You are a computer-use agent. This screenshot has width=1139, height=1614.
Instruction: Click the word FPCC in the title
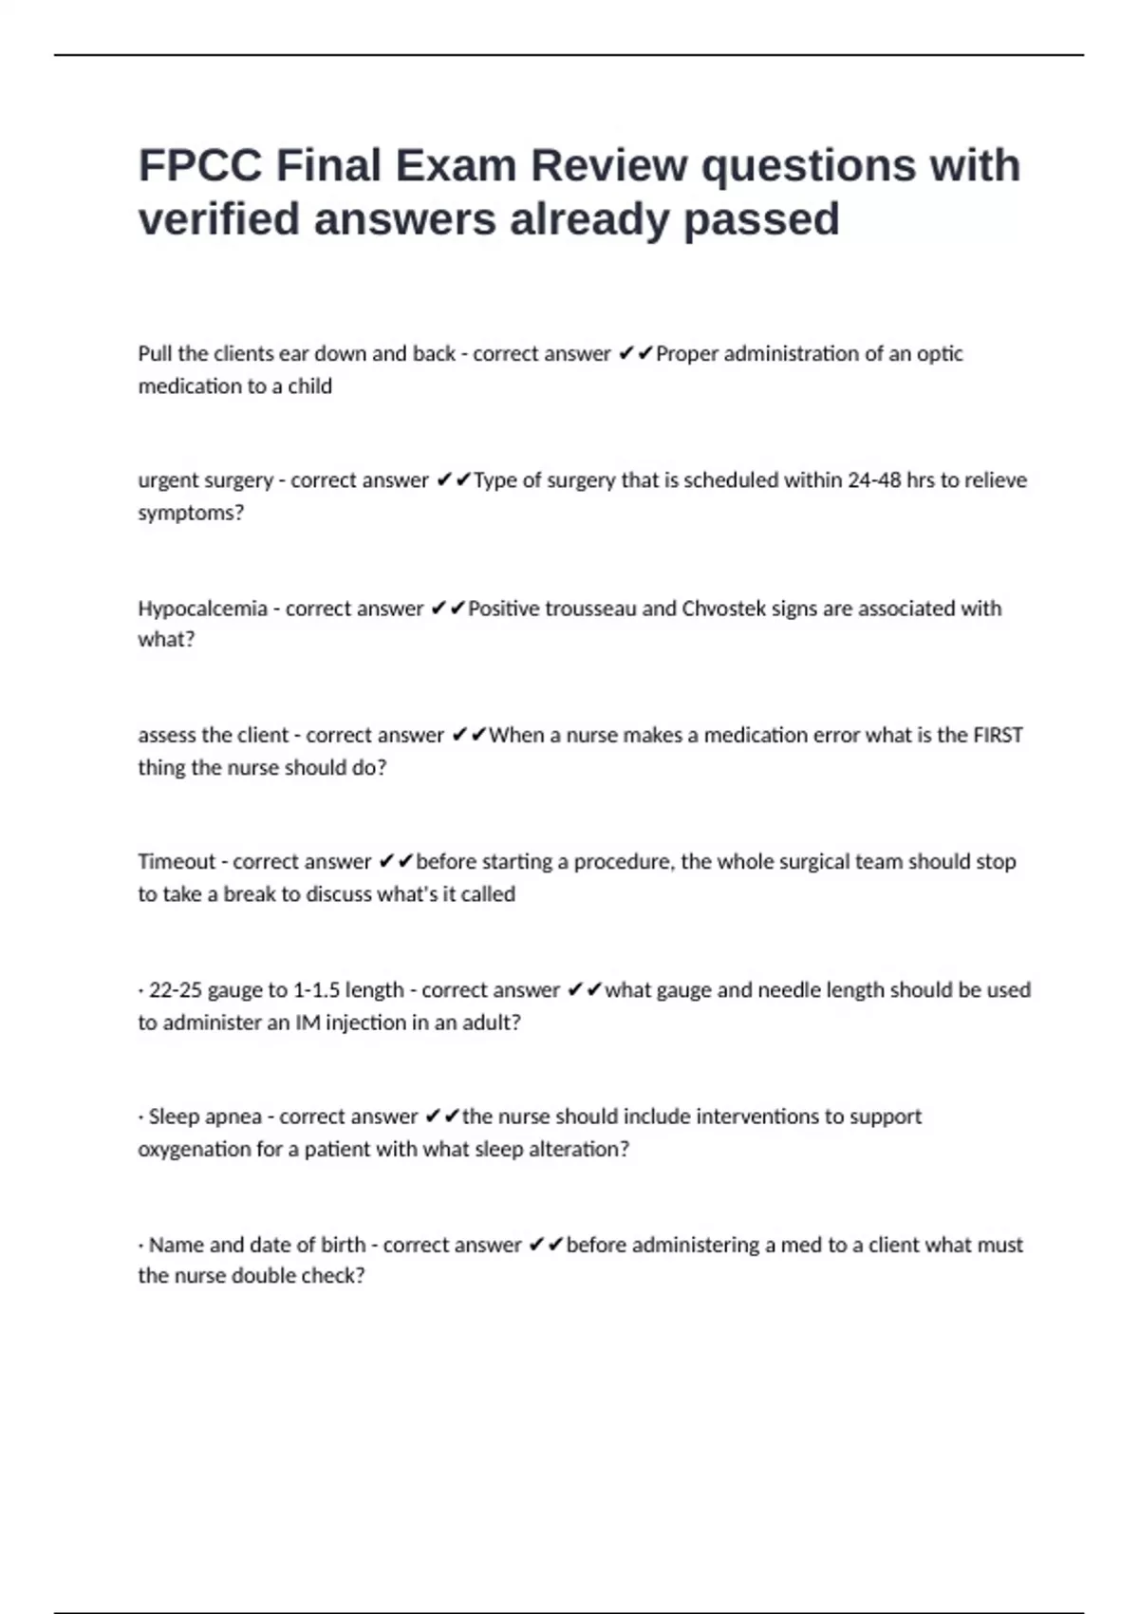(x=200, y=166)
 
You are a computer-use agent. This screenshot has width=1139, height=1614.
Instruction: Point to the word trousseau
(x=591, y=609)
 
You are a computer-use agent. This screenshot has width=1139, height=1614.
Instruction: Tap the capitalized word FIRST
(x=998, y=736)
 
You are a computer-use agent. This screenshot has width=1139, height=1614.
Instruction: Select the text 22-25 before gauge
(x=176, y=990)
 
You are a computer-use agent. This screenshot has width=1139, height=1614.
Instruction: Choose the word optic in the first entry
(x=940, y=354)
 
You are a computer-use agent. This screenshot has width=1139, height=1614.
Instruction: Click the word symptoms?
(x=191, y=514)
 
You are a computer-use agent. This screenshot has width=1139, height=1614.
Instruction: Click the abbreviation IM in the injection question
(x=307, y=1023)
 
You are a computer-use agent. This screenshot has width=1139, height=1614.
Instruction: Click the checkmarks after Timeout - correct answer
(x=396, y=862)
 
